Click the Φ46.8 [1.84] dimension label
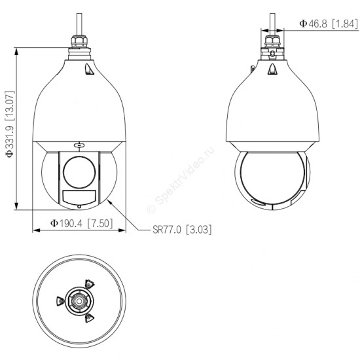point(329,24)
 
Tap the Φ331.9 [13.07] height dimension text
point(10,124)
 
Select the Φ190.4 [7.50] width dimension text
point(82,223)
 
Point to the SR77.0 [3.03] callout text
point(182,229)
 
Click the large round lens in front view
point(79,172)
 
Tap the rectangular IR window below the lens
point(79,197)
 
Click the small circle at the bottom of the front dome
point(79,207)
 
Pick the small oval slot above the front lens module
point(79,145)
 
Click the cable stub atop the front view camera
point(79,24)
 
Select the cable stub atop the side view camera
point(272,24)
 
